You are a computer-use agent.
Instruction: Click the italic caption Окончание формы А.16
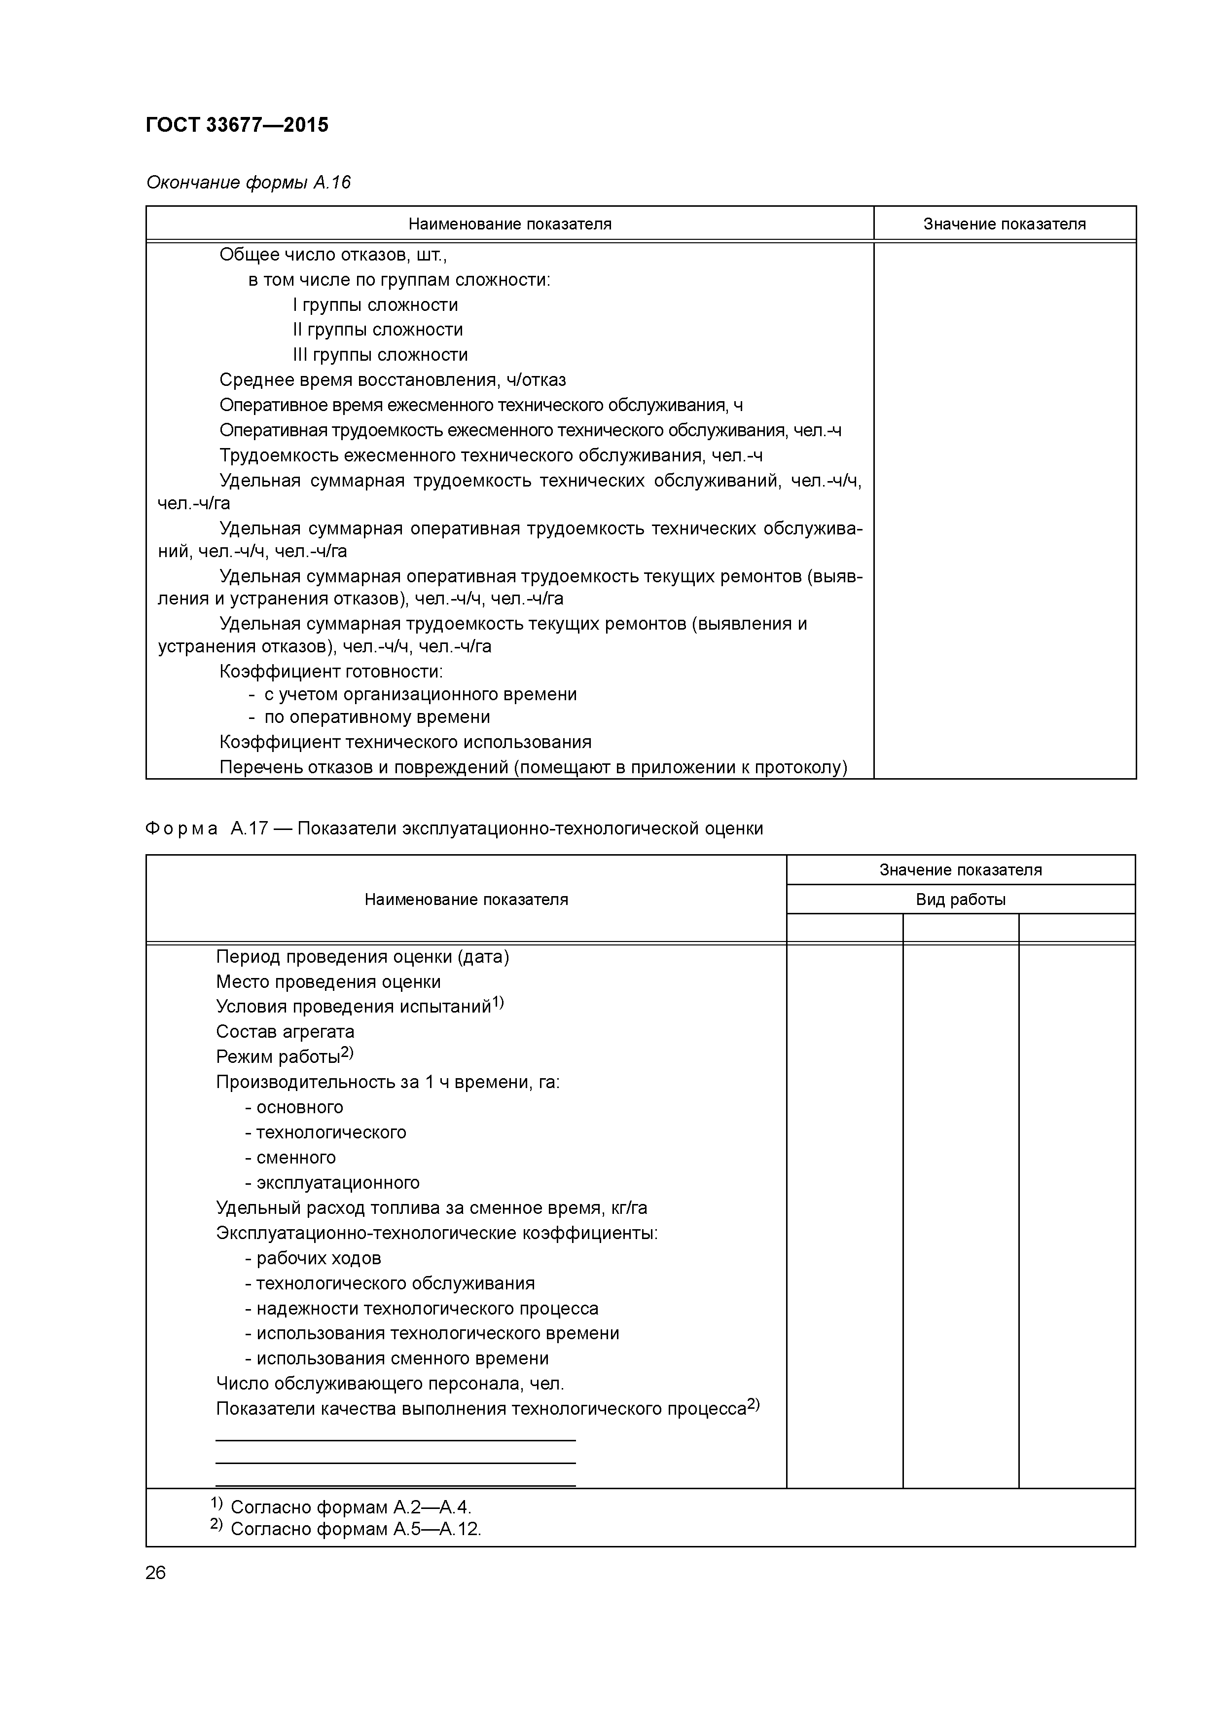(x=248, y=183)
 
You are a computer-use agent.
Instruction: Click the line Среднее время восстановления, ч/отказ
(x=392, y=380)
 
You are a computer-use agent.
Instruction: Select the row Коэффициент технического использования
(x=405, y=742)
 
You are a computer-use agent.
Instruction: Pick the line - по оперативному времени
(x=369, y=717)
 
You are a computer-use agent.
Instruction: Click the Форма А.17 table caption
(x=454, y=828)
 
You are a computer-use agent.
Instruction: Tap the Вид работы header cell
(x=960, y=900)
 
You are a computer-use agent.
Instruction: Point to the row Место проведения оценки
(x=328, y=981)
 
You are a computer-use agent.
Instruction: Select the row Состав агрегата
(x=285, y=1031)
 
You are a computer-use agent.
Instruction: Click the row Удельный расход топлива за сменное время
(x=431, y=1208)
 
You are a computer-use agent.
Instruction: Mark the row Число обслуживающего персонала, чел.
(x=390, y=1384)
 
